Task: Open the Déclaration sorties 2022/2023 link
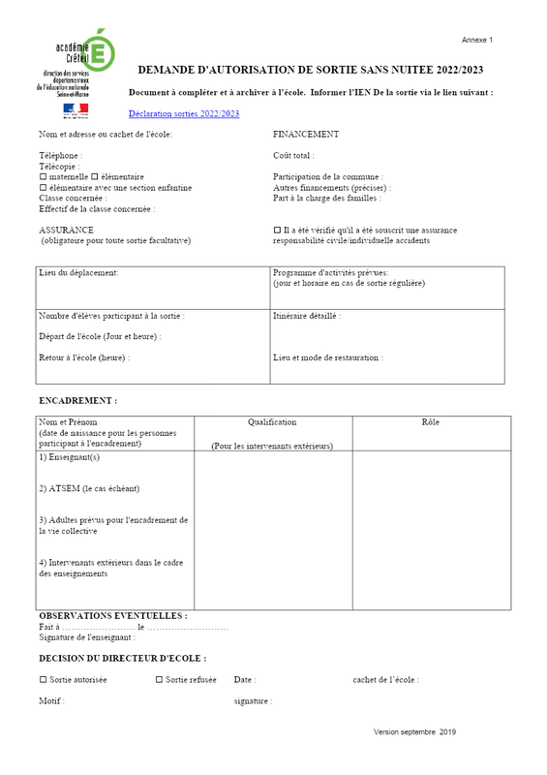(183, 114)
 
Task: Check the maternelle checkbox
(43, 177)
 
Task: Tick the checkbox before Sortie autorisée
(43, 680)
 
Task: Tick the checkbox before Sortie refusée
(159, 680)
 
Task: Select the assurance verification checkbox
(277, 231)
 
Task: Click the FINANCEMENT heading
(306, 135)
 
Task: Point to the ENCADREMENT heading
(77, 400)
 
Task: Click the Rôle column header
(431, 422)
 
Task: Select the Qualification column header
(272, 422)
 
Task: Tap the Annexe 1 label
(477, 40)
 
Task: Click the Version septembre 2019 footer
(414, 732)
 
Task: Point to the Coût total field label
(293, 155)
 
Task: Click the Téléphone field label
(60, 155)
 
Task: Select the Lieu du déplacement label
(78, 273)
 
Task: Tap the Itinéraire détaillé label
(307, 316)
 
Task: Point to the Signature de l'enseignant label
(87, 637)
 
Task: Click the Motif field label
(51, 700)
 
